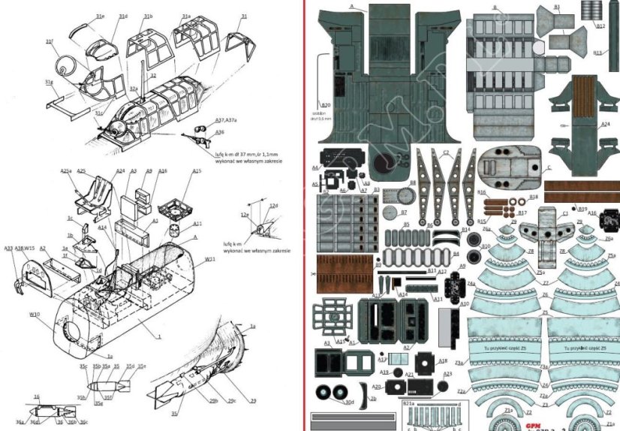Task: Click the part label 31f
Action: click(49, 41)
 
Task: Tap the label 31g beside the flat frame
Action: click(49, 82)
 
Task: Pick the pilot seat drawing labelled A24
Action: click(100, 189)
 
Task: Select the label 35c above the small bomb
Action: click(82, 366)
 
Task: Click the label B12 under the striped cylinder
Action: click(600, 26)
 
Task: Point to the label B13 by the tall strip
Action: click(598, 53)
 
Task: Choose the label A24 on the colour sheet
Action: click(605, 124)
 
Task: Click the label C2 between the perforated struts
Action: click(446, 152)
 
